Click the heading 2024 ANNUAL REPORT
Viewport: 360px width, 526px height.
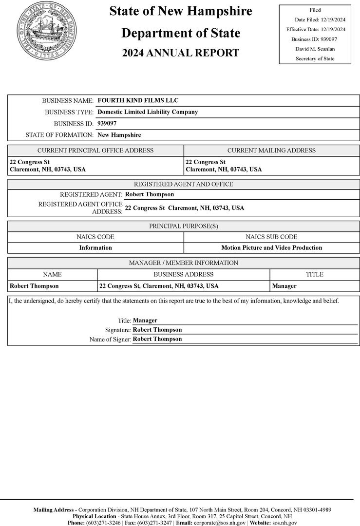(x=181, y=53)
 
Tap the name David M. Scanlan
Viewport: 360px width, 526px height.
(x=315, y=49)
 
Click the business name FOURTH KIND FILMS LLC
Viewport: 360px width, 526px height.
(x=138, y=101)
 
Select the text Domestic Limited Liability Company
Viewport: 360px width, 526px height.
(x=148, y=112)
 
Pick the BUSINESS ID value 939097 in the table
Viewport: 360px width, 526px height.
(x=107, y=123)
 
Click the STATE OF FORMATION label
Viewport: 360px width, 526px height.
(x=59, y=135)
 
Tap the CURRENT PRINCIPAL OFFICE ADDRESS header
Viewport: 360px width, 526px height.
(x=95, y=150)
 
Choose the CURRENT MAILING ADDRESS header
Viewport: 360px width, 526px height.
(x=271, y=150)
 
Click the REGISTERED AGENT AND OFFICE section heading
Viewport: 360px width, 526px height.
(x=183, y=184)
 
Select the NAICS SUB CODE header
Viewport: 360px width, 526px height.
(x=271, y=237)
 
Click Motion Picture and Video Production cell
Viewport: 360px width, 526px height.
(x=271, y=248)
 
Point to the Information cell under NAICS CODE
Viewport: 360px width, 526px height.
(x=95, y=248)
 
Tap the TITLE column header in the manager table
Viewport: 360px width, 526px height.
(x=314, y=274)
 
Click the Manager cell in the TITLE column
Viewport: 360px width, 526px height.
(x=284, y=286)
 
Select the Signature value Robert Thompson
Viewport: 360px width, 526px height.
(x=157, y=330)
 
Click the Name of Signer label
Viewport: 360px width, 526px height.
(x=110, y=339)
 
